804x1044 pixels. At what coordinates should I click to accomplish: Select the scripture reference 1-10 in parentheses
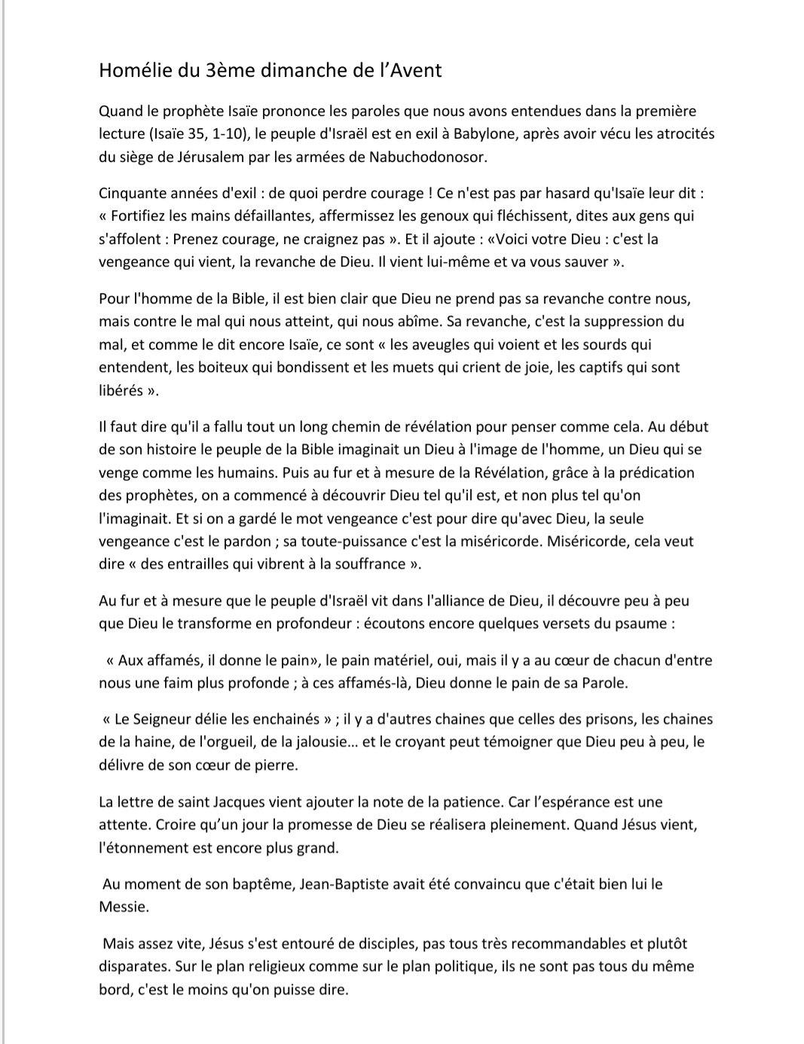(x=216, y=134)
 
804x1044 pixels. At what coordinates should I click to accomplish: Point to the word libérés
(x=121, y=391)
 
